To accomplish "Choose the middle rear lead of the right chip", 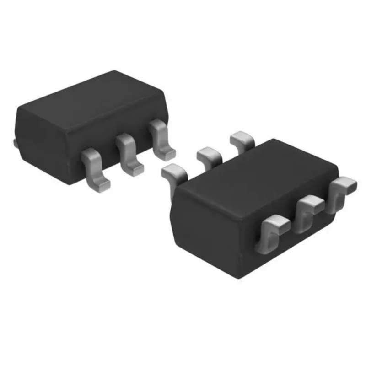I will coord(208,156).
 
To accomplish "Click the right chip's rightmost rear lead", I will coord(242,139).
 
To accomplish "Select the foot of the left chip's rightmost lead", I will coord(167,152).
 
